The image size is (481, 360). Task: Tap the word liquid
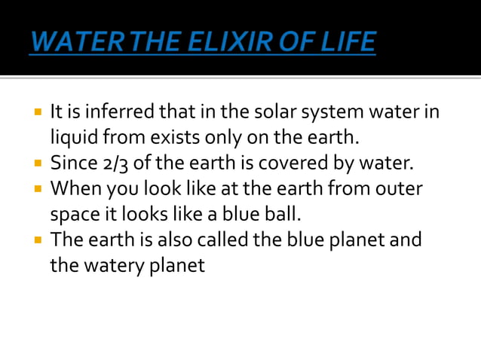73,139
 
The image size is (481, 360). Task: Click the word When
74,188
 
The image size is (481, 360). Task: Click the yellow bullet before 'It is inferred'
37,114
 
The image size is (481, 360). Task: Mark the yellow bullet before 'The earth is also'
37,240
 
